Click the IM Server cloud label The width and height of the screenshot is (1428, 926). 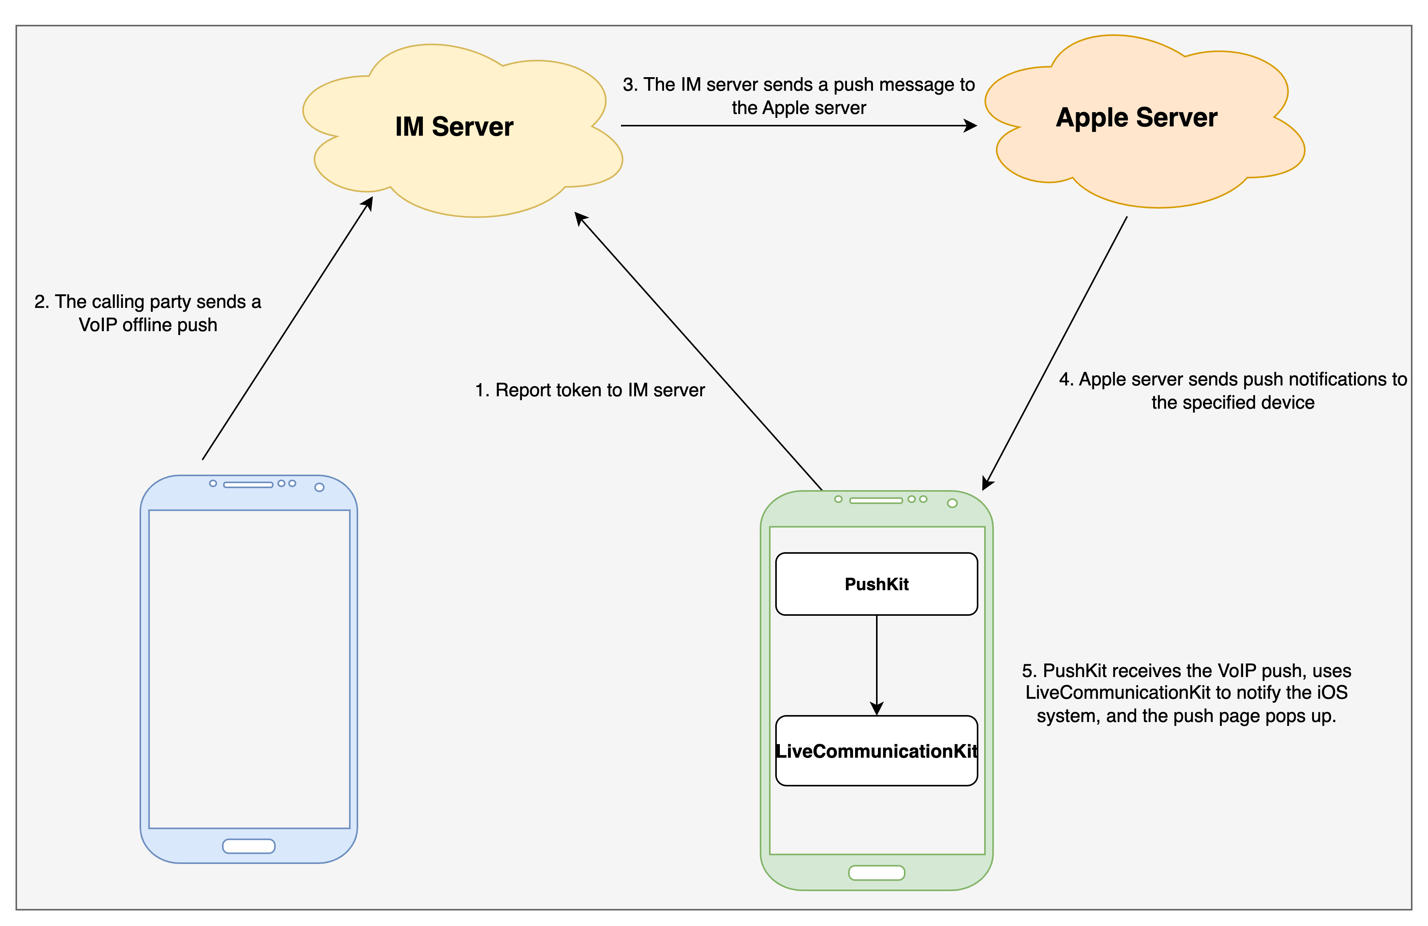(454, 127)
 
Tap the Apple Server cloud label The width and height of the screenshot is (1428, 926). (1137, 117)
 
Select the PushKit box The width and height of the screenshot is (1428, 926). (876, 584)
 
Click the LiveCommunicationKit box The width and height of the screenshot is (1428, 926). (876, 751)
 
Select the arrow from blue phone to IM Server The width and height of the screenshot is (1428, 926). (287, 328)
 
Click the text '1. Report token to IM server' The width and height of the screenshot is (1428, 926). (590, 390)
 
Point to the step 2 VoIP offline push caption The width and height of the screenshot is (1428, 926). (148, 313)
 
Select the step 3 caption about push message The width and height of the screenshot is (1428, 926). (799, 96)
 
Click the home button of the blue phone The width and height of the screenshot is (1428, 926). (249, 846)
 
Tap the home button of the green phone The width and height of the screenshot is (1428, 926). (876, 872)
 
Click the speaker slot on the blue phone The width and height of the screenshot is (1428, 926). (248, 484)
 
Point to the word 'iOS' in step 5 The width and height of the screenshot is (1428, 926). (1332, 693)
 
